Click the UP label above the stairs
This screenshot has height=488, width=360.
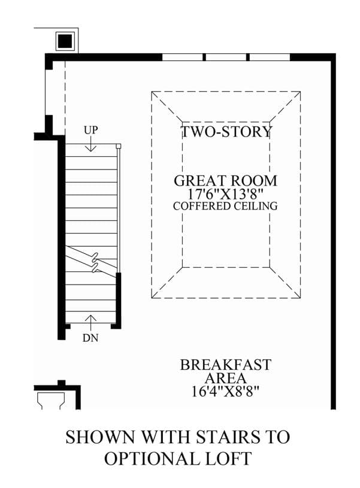[90, 130]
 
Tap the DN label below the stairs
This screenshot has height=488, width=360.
[90, 338]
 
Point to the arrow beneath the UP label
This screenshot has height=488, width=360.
[90, 144]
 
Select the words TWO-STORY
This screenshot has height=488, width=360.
[226, 132]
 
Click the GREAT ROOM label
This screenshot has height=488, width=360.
[225, 181]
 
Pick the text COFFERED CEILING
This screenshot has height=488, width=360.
[225, 206]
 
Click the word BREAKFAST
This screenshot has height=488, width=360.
[226, 365]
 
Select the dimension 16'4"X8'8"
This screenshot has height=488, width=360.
[225, 391]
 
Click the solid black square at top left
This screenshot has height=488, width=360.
[65, 41]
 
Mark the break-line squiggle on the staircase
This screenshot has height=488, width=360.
[95, 262]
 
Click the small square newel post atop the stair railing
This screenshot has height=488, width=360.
[118, 146]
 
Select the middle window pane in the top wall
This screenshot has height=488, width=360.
[226, 57]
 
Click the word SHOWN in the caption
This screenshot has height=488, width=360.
[99, 437]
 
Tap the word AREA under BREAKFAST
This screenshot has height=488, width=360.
[225, 378]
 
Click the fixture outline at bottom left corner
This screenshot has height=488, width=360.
[51, 399]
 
